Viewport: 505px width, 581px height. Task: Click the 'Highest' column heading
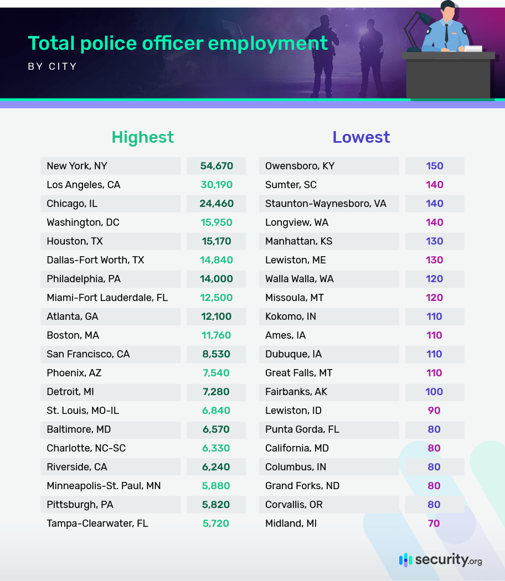(143, 137)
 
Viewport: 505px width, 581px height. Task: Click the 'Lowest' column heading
(361, 137)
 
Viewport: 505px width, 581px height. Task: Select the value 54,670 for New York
(217, 166)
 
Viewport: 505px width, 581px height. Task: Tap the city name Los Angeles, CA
(83, 185)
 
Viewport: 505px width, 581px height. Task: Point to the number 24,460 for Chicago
(217, 204)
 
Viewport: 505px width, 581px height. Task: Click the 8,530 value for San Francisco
(217, 354)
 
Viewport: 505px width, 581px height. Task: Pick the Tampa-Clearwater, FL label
(97, 523)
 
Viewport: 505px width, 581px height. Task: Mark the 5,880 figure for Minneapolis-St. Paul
(217, 486)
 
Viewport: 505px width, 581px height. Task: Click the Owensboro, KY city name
(300, 166)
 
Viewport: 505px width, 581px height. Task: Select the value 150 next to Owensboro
(435, 166)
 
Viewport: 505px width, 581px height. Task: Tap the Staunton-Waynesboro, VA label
(326, 204)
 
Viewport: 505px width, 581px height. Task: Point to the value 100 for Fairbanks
(434, 392)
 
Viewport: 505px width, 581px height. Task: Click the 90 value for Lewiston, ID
(434, 411)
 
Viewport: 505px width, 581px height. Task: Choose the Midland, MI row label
(291, 523)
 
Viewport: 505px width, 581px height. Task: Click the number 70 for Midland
(434, 523)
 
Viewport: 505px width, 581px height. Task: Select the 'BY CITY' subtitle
(52, 67)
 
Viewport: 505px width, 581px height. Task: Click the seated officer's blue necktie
(446, 33)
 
